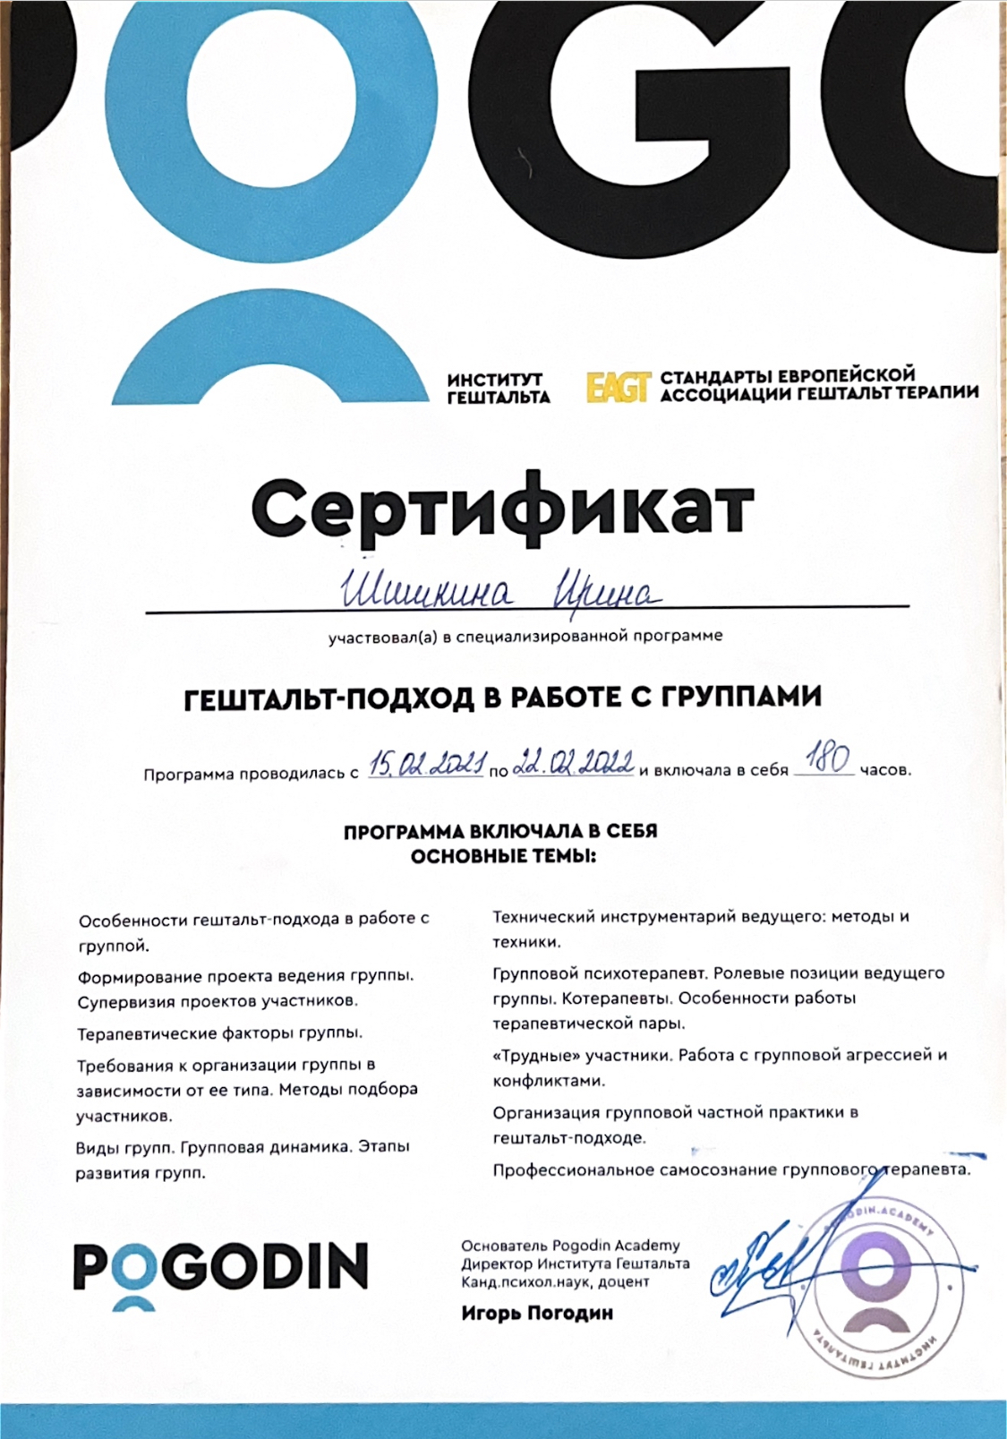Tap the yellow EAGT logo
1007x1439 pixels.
pos(617,387)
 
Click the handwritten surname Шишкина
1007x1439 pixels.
pos(427,593)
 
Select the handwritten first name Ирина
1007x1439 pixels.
pos(607,592)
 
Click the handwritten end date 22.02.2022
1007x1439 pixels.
pos(575,764)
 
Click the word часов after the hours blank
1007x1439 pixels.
pos(885,770)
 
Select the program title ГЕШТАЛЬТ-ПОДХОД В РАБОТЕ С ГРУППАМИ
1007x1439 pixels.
pos(502,698)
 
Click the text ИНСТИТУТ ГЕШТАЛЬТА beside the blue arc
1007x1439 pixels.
pos(498,389)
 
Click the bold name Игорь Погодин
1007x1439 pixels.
pos(537,1314)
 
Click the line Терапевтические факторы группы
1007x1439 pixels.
pos(220,1033)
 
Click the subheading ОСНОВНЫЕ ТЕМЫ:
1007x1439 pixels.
pos(503,856)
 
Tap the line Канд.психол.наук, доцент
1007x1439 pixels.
pos(555,1282)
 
